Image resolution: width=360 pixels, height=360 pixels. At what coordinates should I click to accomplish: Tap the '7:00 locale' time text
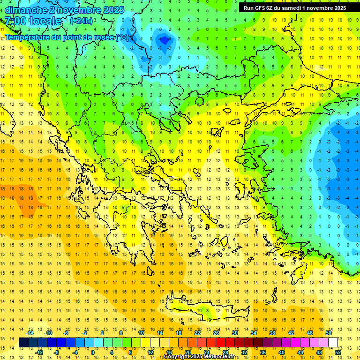click(x=33, y=21)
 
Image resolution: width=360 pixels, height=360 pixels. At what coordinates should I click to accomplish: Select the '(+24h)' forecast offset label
click(x=81, y=21)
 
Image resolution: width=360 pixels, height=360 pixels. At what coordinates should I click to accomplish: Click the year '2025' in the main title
click(x=113, y=10)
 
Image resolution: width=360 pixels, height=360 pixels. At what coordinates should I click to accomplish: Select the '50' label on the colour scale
click(x=328, y=333)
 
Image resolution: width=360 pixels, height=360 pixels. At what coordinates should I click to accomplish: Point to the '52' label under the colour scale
click(x=338, y=352)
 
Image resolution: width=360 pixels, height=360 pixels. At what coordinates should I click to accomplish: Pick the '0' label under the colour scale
click(x=93, y=352)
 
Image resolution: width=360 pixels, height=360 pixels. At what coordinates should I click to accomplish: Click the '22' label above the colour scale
click(x=197, y=333)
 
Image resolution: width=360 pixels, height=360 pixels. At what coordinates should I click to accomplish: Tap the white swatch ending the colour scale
click(x=333, y=343)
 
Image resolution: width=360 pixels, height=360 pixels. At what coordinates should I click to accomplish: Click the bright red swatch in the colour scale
click(x=221, y=343)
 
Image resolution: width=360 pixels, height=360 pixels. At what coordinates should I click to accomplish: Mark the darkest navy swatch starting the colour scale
click(x=23, y=343)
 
